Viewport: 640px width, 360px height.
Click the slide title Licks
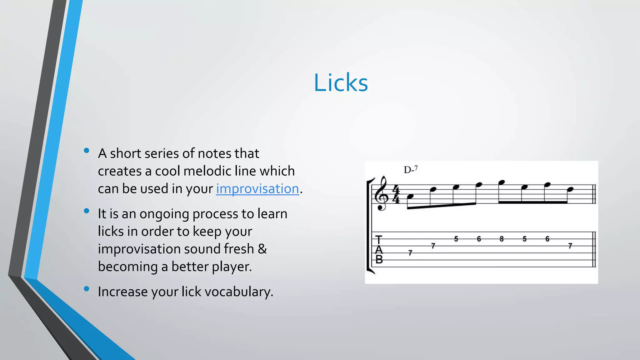(x=341, y=83)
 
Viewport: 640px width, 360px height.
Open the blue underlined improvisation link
(x=257, y=189)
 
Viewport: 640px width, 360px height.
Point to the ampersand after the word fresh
(x=262, y=249)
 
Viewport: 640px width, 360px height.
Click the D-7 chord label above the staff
(x=411, y=170)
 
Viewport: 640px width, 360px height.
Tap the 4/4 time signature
(x=396, y=194)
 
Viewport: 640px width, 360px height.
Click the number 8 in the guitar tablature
(x=502, y=239)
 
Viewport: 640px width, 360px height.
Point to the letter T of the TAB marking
(x=379, y=240)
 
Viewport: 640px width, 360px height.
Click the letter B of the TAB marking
(x=379, y=260)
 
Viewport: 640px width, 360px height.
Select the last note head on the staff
(x=570, y=189)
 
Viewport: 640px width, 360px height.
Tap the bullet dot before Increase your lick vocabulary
(x=87, y=289)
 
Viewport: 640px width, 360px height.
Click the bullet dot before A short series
(x=87, y=151)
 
